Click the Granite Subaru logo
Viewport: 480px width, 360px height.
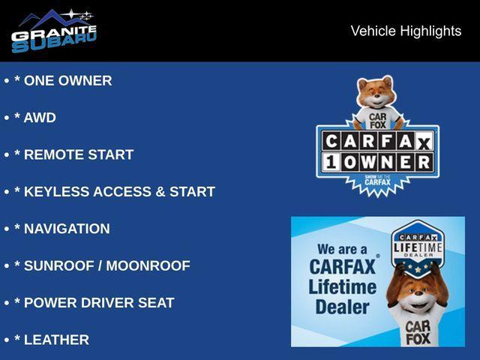coord(54,31)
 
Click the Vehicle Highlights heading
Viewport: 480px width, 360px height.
coord(406,31)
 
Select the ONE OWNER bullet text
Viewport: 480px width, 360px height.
coord(68,80)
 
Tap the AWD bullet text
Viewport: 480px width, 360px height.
coord(40,118)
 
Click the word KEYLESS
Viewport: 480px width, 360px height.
coord(57,192)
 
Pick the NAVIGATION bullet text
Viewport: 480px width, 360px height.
coord(67,229)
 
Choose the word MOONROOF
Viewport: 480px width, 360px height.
coord(148,265)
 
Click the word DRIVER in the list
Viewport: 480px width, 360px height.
coord(107,303)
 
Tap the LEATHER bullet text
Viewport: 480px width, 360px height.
coord(57,340)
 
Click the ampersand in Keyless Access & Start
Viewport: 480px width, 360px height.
coord(160,192)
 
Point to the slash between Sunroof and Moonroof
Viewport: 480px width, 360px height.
coord(100,265)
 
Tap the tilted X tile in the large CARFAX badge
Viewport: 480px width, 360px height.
coord(424,142)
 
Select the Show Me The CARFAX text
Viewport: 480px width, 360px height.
coord(378,181)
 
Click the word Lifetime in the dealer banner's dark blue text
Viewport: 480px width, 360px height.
coord(343,287)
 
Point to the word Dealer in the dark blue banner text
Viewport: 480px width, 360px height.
coord(343,307)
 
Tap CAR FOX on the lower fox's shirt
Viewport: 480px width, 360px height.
coord(418,332)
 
